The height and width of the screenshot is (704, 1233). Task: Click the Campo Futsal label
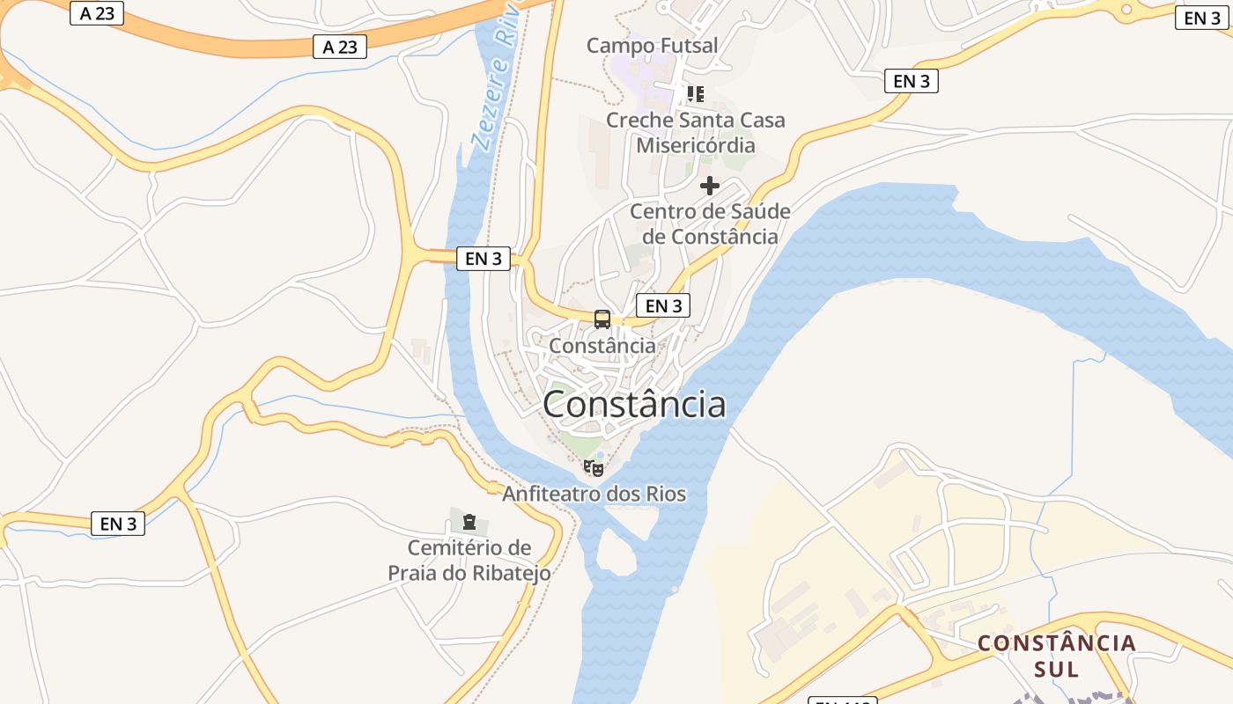(653, 45)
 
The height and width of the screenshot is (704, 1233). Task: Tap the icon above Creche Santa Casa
(696, 93)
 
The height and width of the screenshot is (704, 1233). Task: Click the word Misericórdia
(696, 144)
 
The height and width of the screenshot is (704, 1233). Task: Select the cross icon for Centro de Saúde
(709, 186)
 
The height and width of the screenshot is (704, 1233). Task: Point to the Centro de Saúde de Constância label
(710, 224)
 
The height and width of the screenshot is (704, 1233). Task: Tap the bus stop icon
(602, 319)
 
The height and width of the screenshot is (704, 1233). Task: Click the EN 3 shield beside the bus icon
(663, 305)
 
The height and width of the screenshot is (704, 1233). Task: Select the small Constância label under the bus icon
(602, 346)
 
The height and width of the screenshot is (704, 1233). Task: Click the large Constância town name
(634, 404)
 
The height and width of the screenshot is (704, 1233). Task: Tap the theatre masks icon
(594, 467)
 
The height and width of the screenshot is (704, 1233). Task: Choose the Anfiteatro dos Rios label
(594, 494)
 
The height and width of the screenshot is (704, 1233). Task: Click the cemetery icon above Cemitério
(469, 522)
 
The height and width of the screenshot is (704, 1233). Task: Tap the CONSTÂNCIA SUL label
(1057, 656)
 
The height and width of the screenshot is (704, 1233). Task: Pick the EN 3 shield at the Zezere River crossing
(484, 258)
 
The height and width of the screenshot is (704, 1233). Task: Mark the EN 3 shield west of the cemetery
(118, 524)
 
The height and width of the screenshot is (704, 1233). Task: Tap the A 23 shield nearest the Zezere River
(340, 47)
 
